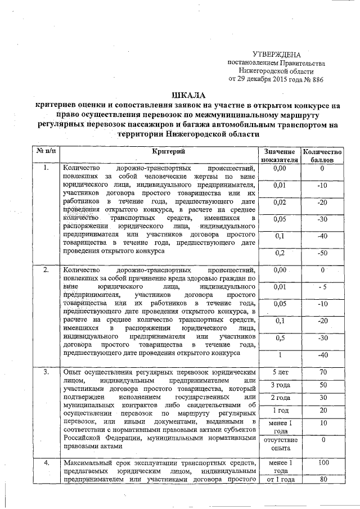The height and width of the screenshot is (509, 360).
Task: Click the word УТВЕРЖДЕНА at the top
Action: [x=276, y=55]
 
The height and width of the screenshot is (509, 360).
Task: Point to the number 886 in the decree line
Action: [x=317, y=79]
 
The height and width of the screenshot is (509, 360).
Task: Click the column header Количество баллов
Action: [x=322, y=156]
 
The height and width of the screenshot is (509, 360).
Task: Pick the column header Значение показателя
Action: [x=278, y=156]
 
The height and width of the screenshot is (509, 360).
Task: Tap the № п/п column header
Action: [x=46, y=151]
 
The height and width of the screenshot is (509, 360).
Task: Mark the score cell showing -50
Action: [x=322, y=253]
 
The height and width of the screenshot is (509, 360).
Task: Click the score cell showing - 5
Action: [x=322, y=287]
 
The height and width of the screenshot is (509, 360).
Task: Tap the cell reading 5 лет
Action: [x=278, y=372]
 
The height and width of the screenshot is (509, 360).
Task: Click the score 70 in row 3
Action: [x=322, y=372]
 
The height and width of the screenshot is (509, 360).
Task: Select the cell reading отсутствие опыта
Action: [x=278, y=444]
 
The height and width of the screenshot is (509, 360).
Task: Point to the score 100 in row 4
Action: [x=322, y=462]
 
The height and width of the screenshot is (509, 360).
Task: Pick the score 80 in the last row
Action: [x=322, y=480]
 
